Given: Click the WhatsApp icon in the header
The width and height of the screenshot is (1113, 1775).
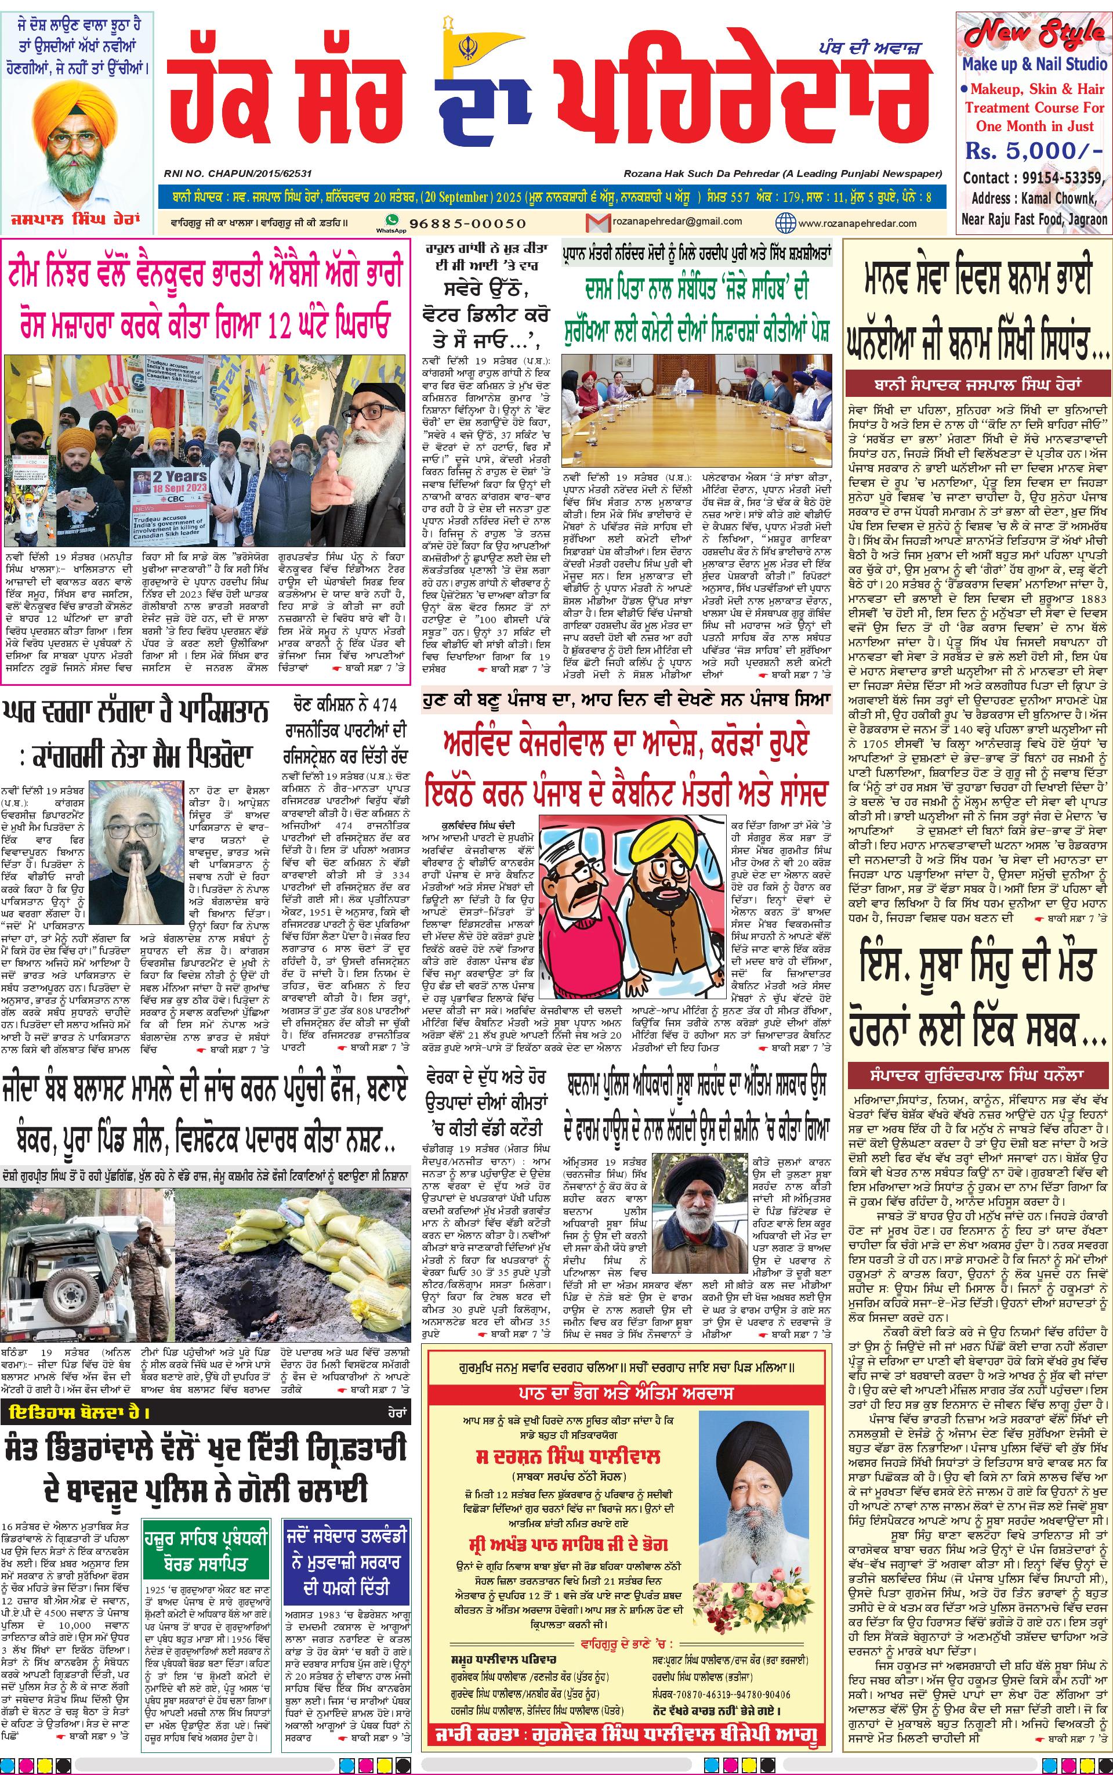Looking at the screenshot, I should pyautogui.click(x=391, y=222).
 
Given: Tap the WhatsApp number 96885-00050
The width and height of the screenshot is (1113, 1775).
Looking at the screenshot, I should pyautogui.click(x=467, y=223).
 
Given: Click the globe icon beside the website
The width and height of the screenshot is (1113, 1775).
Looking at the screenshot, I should pyautogui.click(x=786, y=222).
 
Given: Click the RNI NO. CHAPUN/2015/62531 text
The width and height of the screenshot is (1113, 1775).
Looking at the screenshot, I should pyautogui.click(x=238, y=173).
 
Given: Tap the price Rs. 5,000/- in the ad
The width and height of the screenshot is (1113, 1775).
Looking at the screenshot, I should pyautogui.click(x=1034, y=151).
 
